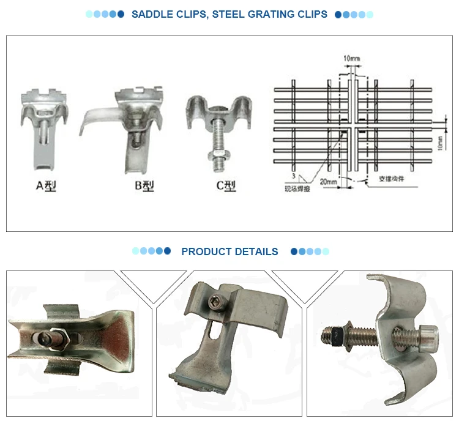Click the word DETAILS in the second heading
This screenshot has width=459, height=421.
click(258, 251)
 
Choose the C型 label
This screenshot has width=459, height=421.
click(225, 186)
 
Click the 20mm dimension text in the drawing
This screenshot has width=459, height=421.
click(329, 182)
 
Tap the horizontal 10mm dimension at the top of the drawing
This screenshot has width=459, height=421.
click(351, 58)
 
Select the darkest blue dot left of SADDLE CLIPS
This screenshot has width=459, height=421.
click(121, 14)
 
